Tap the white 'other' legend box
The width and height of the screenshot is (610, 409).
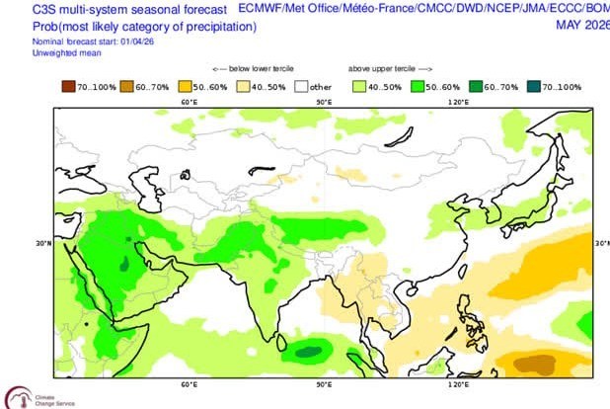302,87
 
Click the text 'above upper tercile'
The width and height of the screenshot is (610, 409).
381,69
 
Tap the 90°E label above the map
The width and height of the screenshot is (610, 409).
322,101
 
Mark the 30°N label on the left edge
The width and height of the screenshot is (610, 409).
43,241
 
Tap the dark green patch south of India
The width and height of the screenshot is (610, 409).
311,350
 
